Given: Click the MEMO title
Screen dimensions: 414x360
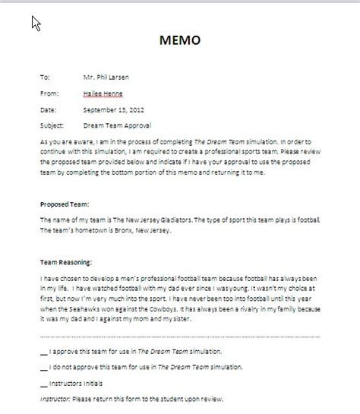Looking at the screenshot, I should tap(180, 40).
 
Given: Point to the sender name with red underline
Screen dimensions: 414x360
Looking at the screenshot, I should tap(103, 92).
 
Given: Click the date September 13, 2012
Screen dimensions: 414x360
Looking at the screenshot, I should tap(112, 107).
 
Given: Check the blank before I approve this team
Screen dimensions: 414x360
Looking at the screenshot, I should tap(43, 352).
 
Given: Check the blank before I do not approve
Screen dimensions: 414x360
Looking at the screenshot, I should tap(43, 368).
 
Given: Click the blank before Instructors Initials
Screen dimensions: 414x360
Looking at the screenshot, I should tap(43, 384).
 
